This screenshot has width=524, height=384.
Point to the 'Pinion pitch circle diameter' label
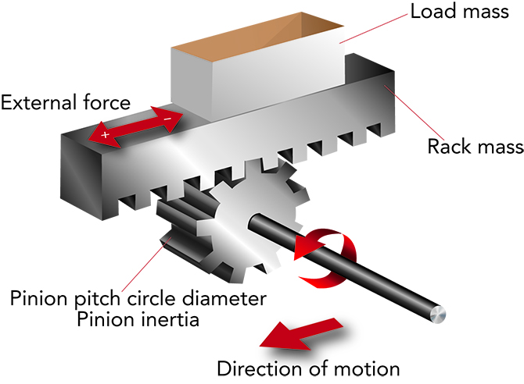coord(138,297)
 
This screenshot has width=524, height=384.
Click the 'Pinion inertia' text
coord(138,318)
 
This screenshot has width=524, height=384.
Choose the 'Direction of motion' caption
coord(308,368)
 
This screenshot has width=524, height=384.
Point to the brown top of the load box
coord(258,36)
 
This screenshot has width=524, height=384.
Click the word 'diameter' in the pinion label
coord(233,297)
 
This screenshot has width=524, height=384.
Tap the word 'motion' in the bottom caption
coord(370,368)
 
